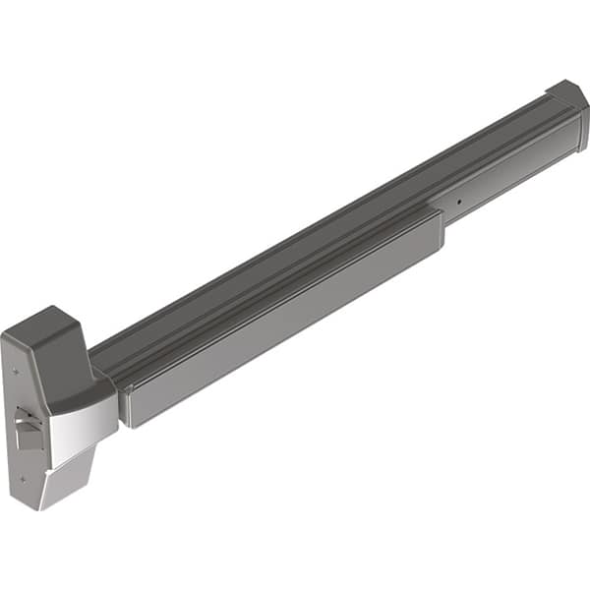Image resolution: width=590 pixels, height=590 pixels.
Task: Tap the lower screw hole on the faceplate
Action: [x=22, y=479]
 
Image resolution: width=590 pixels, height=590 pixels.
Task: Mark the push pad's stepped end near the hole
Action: [x=439, y=231]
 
